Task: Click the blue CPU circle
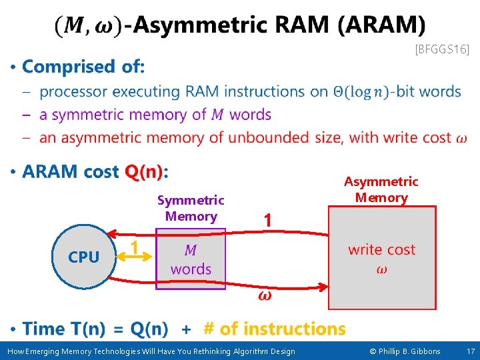83,257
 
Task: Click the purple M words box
191,259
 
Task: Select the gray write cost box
382,257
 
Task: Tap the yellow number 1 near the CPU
134,248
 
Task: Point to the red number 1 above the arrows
267,220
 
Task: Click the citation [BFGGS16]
442,49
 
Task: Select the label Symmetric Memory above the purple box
191,208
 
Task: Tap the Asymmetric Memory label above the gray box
381,189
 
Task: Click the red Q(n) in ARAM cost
143,172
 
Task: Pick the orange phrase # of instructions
275,329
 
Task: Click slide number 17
470,351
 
